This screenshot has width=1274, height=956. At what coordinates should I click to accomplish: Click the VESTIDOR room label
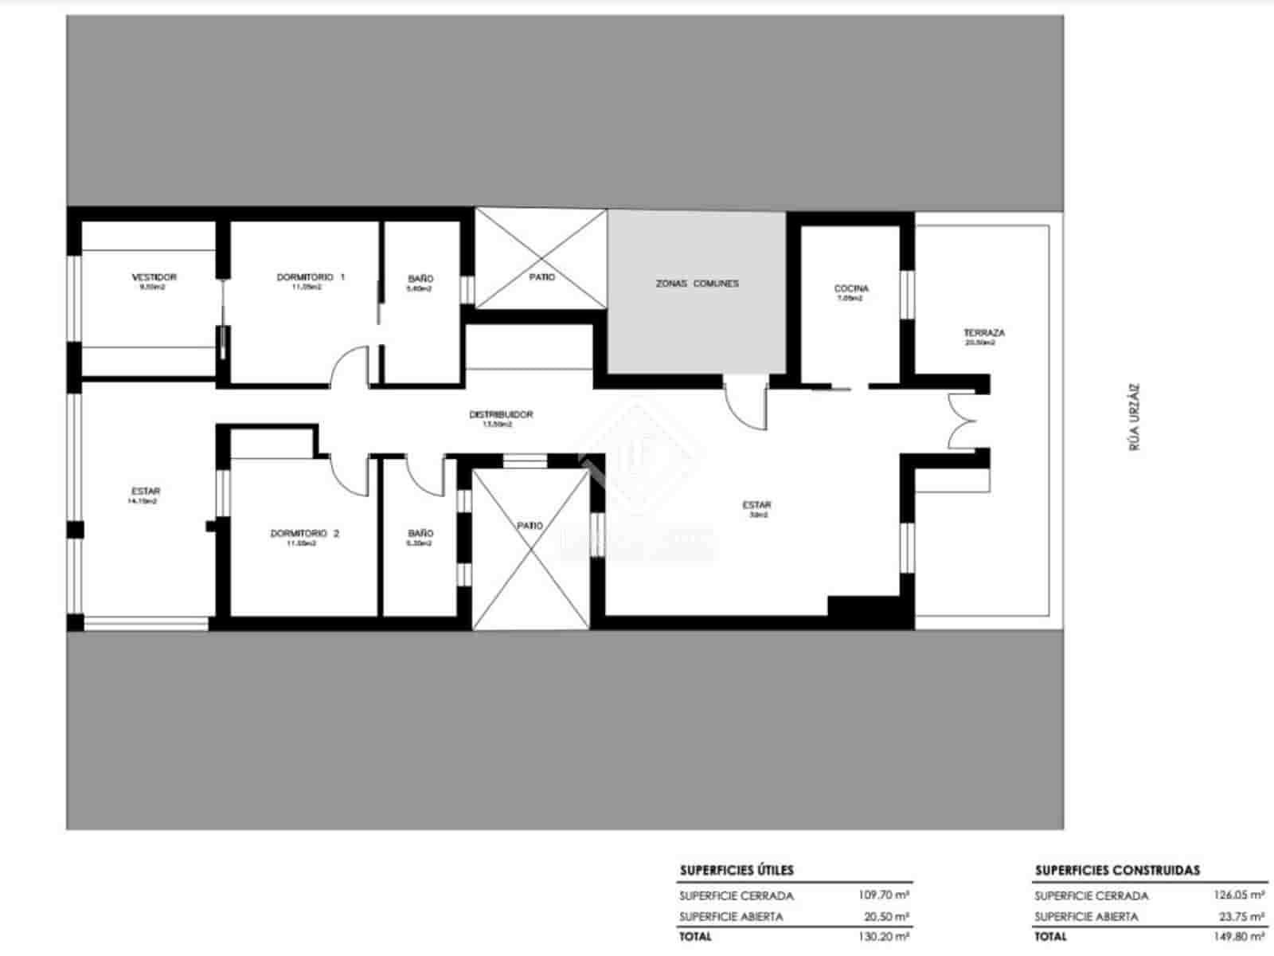(154, 277)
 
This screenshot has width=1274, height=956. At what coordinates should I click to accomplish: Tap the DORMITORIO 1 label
(311, 277)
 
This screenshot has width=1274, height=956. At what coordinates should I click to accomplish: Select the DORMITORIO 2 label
(305, 533)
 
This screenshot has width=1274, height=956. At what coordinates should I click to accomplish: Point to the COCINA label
(851, 288)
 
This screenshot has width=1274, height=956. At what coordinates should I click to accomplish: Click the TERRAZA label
(983, 333)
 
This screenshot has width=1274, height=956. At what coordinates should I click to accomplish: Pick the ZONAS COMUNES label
(697, 284)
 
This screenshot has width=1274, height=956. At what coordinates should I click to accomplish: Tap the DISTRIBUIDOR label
(501, 415)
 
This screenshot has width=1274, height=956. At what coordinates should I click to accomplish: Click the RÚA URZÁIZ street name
(1135, 418)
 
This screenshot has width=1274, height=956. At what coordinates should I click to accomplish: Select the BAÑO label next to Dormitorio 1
(420, 279)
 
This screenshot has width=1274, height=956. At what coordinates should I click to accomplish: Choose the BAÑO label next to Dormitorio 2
(420, 533)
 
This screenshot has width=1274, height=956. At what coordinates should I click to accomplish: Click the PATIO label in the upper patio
(542, 277)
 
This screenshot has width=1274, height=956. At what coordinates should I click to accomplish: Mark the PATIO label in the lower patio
(530, 526)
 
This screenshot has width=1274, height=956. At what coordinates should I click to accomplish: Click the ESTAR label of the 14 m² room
(146, 492)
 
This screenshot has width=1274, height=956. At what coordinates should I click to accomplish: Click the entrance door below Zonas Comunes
(747, 402)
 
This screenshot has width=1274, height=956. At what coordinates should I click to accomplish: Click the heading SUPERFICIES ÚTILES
(737, 870)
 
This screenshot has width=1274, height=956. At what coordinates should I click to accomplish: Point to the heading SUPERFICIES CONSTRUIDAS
(1117, 870)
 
